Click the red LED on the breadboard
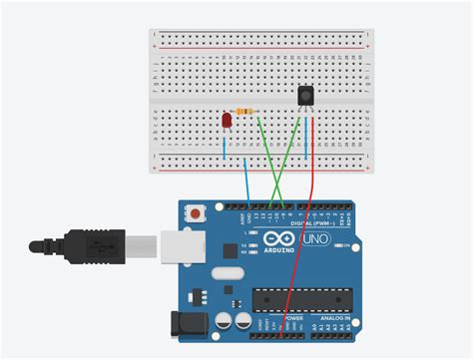[227, 121]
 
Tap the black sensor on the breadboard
[306, 96]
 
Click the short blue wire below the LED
[225, 149]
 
